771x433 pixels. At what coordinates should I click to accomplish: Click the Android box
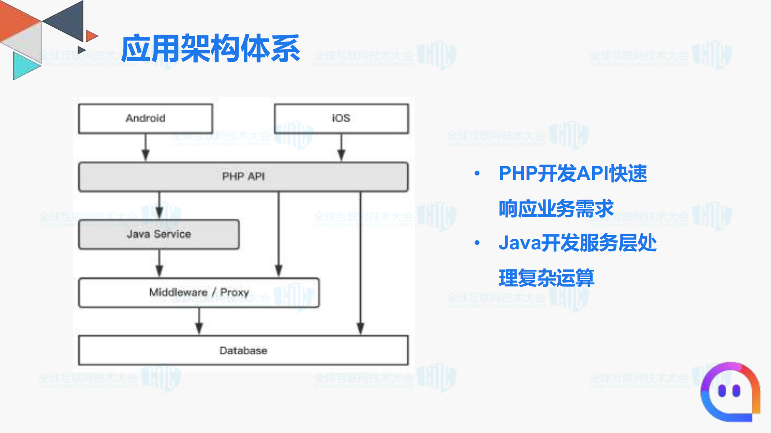tap(145, 118)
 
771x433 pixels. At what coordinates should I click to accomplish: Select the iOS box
tap(341, 118)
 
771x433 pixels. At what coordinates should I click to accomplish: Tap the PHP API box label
tap(243, 177)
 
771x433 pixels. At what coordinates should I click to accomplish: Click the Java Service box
tap(159, 234)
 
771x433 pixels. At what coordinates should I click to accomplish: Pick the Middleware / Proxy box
tap(199, 293)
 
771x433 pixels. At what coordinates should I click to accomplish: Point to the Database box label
tap(243, 350)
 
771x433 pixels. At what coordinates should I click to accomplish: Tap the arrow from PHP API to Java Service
tap(159, 205)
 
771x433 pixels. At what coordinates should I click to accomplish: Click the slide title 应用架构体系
tap(210, 49)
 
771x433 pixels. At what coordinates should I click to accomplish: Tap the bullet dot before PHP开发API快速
tap(477, 173)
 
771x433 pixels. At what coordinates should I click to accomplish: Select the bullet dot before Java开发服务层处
tap(477, 243)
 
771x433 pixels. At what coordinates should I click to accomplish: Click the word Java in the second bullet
tap(519, 243)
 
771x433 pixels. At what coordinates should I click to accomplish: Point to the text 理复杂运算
tap(546, 278)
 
